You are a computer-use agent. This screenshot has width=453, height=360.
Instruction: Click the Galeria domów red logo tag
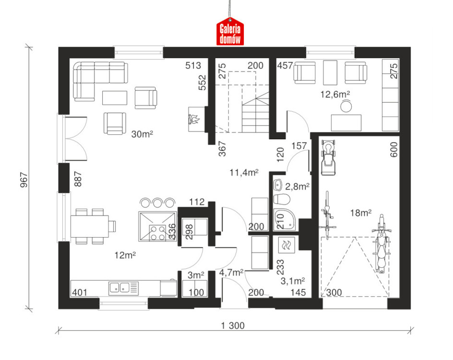click(x=230, y=31)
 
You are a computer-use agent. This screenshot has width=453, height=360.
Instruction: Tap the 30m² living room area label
click(x=142, y=134)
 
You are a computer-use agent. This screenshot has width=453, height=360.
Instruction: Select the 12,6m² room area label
click(x=335, y=94)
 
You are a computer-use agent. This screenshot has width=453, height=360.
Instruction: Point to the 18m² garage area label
click(x=360, y=213)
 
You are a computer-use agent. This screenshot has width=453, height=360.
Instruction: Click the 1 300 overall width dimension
click(x=233, y=325)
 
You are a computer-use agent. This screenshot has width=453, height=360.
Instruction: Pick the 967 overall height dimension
click(x=24, y=180)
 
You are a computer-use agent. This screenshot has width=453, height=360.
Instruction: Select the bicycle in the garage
click(x=327, y=215)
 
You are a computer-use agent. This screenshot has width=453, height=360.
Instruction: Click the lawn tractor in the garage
click(x=328, y=157)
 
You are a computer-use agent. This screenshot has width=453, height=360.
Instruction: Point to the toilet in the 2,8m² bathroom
click(x=281, y=199)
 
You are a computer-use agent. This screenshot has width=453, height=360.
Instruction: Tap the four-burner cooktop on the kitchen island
click(x=157, y=233)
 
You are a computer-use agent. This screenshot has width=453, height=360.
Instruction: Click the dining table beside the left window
click(x=90, y=226)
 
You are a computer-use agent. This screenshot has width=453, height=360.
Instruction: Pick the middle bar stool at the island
click(x=157, y=202)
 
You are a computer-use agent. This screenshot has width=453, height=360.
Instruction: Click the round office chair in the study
click(x=346, y=106)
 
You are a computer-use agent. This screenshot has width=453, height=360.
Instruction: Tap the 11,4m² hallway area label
click(x=244, y=172)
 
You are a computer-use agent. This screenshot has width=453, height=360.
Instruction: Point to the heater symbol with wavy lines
click(x=286, y=245)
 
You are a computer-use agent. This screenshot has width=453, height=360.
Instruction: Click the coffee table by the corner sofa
click(x=115, y=98)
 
